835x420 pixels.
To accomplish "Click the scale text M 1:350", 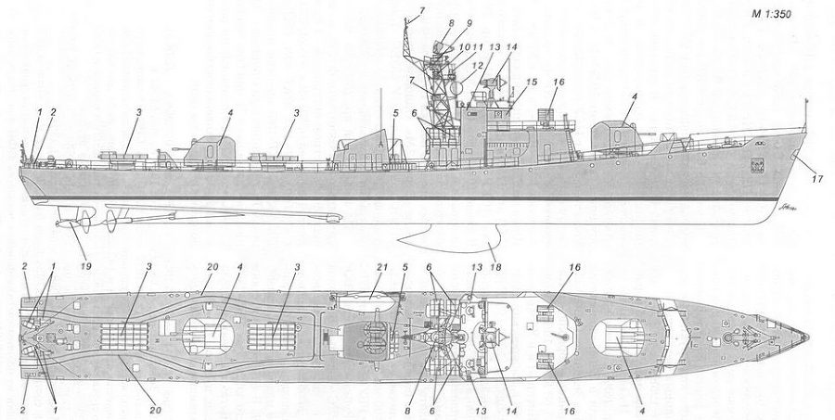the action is (771, 15).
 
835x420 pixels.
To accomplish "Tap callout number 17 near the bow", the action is (816, 179).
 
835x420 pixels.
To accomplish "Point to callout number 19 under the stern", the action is (86, 265).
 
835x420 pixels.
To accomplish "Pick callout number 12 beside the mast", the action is (478, 65).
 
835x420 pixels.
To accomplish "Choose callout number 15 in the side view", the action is (532, 82).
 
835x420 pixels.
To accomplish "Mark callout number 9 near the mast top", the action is (469, 23).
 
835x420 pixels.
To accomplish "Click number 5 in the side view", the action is (395, 113).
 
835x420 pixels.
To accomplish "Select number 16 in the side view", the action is (559, 82).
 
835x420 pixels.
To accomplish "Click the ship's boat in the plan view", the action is (366, 302).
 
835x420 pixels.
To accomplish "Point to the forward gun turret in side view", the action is (618, 136).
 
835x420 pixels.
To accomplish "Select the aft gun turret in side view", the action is (210, 150).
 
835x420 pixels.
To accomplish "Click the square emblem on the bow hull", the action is (758, 166).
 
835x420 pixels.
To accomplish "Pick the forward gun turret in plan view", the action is (618, 337).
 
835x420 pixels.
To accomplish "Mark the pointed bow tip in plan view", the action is (808, 337).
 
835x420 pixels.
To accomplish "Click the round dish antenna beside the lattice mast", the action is (456, 88).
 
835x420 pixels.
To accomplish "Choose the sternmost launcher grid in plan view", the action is (124, 337).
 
